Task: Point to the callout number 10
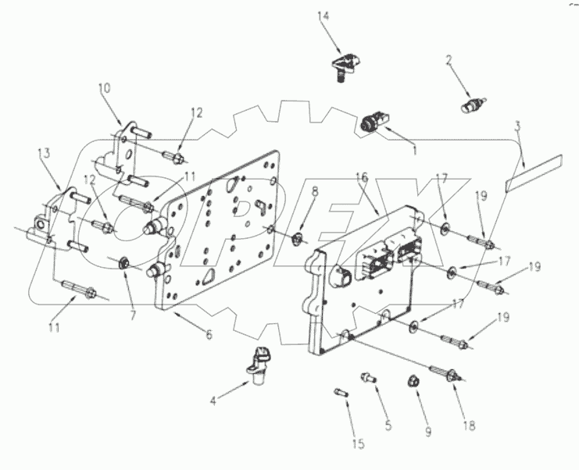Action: (105, 90)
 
